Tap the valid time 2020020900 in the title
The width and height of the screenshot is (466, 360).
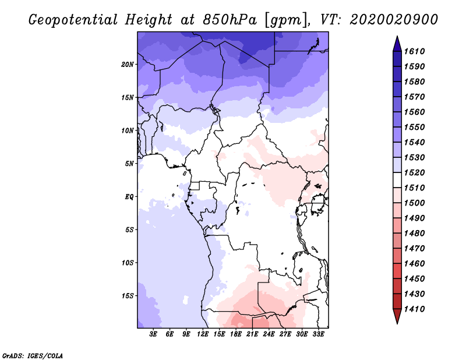(394, 20)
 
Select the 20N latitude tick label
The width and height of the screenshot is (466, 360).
(128, 64)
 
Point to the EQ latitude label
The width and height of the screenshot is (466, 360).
(129, 196)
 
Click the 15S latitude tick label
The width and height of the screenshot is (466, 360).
(128, 295)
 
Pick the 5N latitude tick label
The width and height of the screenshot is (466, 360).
(129, 163)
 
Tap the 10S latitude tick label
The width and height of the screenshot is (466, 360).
(128, 262)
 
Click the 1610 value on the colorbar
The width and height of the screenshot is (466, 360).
(416, 51)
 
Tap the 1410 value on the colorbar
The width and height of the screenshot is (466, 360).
(416, 309)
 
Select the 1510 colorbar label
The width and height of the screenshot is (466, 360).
(416, 188)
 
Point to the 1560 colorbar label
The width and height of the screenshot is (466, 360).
(416, 112)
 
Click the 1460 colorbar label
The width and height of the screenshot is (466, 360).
(416, 263)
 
